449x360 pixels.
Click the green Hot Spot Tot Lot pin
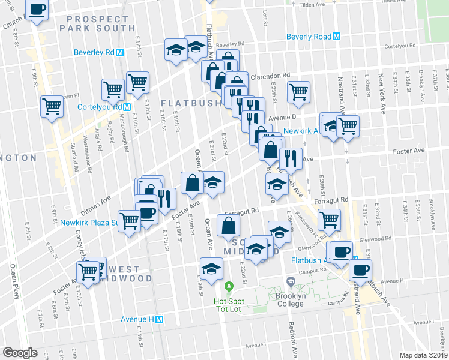tap(229, 285)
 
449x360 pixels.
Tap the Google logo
tap(20, 352)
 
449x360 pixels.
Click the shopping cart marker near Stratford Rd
tap(52, 106)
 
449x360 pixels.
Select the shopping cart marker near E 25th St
tap(298, 92)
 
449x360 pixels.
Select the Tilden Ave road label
tap(312, 4)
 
